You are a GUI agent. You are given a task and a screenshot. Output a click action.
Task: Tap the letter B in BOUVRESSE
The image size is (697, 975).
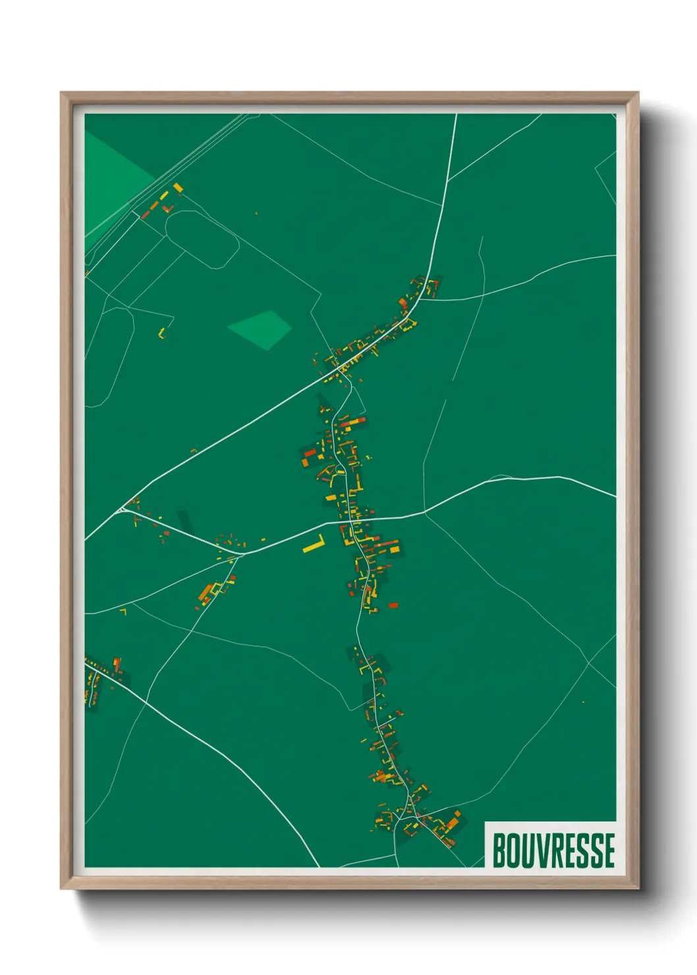(x=499, y=850)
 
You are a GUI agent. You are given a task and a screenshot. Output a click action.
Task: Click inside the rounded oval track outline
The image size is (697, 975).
(x=201, y=239)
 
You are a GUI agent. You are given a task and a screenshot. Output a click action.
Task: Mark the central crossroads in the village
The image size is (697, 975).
(x=347, y=520)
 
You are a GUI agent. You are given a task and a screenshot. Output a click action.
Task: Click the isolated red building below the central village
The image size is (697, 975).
(x=393, y=605)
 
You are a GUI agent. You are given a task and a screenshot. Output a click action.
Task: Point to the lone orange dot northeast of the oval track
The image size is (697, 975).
(x=256, y=213)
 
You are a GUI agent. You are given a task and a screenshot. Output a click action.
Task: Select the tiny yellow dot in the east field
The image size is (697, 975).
(x=583, y=702)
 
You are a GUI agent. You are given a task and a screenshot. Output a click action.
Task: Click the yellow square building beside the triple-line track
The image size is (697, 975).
(x=178, y=188)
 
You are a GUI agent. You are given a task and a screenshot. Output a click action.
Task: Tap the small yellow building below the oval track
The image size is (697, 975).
(x=161, y=333)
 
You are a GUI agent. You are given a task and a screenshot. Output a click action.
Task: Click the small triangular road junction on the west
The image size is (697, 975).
(x=123, y=509)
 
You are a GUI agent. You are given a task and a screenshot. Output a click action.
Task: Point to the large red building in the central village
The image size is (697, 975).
(x=310, y=453)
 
